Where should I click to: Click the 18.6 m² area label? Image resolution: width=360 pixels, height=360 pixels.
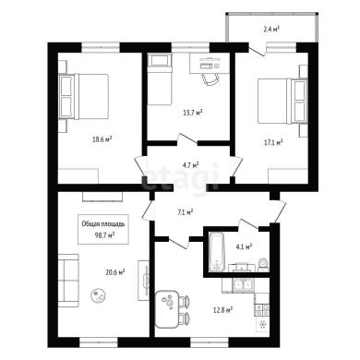(x=102, y=139)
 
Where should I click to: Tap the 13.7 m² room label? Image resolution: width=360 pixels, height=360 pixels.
(x=193, y=113)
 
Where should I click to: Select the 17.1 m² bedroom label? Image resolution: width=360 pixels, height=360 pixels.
(x=273, y=142)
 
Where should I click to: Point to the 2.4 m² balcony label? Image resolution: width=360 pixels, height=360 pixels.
(x=271, y=30)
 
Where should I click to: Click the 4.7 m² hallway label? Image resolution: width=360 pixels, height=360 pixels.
(x=191, y=165)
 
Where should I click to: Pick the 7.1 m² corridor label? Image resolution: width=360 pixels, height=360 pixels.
(x=185, y=211)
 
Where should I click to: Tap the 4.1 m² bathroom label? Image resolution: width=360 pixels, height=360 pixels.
(x=245, y=246)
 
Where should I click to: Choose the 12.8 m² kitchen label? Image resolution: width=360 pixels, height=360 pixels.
(x=222, y=309)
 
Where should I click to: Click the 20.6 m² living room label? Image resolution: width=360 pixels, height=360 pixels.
(x=115, y=272)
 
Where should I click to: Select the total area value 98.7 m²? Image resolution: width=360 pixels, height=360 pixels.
(x=102, y=234)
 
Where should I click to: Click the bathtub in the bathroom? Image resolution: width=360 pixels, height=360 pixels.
(x=217, y=252)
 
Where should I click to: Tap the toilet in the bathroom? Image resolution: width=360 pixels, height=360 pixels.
(x=263, y=264)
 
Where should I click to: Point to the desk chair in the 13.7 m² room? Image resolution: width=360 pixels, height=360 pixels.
(x=210, y=79)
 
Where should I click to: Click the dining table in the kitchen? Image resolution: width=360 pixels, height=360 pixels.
(x=166, y=309)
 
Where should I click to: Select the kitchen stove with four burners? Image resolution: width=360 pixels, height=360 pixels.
(x=261, y=310)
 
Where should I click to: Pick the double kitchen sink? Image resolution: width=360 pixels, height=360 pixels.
(x=243, y=285)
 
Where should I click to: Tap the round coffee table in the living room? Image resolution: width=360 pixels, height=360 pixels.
(x=99, y=295)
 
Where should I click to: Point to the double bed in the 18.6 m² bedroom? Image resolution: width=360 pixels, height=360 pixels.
(x=84, y=96)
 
